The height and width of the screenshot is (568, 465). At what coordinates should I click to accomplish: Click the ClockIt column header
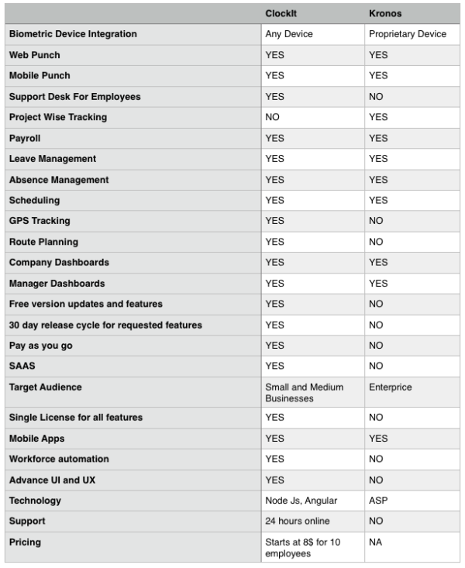coord(281,14)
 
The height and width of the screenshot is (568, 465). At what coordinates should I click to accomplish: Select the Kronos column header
coord(384,14)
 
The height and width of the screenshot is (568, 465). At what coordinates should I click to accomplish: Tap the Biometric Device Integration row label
coord(73,34)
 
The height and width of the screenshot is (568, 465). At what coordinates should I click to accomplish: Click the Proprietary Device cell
coord(407,34)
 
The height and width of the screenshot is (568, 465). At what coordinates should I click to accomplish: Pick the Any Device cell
coord(288,34)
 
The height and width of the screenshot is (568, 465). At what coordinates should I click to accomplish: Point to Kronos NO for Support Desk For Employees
coord(377,97)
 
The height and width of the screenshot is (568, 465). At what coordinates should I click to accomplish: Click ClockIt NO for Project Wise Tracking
coord(273,117)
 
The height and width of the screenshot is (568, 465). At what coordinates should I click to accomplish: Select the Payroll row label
coord(25,138)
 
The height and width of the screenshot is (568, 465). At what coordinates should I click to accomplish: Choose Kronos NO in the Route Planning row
coord(377,242)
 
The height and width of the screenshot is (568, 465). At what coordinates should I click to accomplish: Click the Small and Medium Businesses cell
coord(304,392)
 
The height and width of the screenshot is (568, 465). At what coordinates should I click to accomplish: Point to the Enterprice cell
coord(390,387)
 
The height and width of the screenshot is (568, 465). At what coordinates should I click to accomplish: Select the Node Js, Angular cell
coord(301,501)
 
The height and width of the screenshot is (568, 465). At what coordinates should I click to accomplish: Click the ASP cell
coord(378,501)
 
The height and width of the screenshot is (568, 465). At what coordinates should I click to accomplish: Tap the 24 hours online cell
coord(298,521)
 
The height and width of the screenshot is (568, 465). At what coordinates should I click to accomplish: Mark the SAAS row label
coord(22,366)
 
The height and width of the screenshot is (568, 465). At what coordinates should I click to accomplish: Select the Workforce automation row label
coord(59,459)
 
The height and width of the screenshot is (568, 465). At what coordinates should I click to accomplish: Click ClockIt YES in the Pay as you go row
coord(275,346)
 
